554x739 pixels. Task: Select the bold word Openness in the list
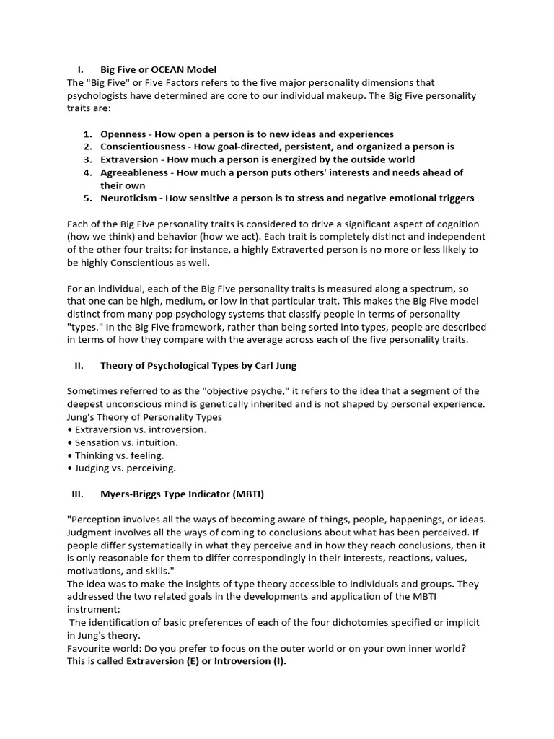click(124, 134)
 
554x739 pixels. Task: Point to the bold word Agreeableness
click(134, 172)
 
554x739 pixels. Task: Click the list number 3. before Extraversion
click(87, 159)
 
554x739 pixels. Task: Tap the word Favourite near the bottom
click(89, 648)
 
